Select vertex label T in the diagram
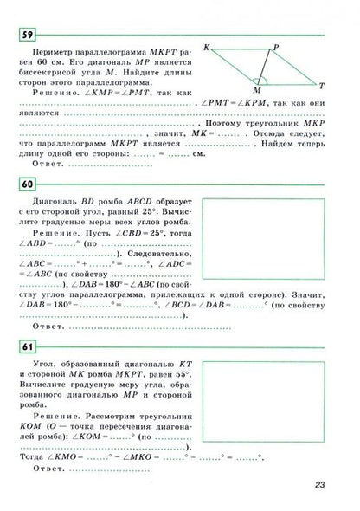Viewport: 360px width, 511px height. (321, 87)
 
